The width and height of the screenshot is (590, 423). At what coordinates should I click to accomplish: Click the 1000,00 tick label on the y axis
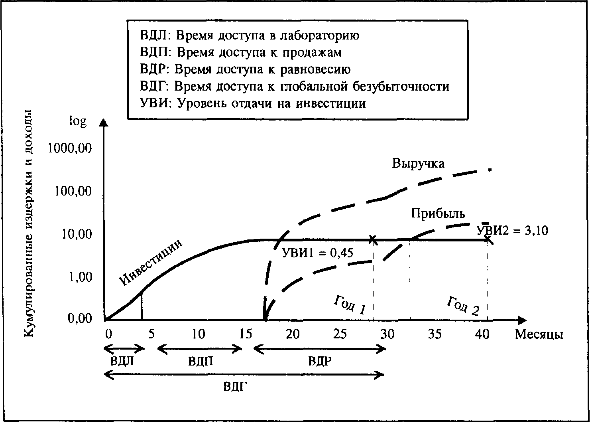pos(70,148)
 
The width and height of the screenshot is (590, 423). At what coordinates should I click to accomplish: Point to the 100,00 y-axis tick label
pos(72,191)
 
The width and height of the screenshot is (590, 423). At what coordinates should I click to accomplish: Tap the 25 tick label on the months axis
pos(340,334)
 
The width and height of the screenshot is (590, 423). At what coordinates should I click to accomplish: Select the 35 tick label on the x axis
pos(435,334)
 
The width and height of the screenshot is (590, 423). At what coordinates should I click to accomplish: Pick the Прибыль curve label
pos(438,213)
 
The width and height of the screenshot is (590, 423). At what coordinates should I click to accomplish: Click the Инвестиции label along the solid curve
pos(151,262)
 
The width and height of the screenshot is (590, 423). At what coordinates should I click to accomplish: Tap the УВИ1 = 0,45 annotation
pos(317,253)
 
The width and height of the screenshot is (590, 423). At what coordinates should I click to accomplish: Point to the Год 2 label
pos(463,306)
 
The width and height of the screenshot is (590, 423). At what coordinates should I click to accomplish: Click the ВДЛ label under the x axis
pos(122,362)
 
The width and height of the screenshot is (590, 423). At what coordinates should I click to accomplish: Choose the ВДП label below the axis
pos(200,362)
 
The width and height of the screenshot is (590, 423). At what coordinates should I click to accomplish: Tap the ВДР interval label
pos(320,362)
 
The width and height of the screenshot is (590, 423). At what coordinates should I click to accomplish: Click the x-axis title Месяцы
pos(539,334)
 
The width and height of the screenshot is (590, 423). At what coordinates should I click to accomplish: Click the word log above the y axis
pos(78,121)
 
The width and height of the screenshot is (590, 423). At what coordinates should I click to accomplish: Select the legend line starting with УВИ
pos(253,103)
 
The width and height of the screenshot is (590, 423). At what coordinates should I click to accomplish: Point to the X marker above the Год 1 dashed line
pos(373,240)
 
